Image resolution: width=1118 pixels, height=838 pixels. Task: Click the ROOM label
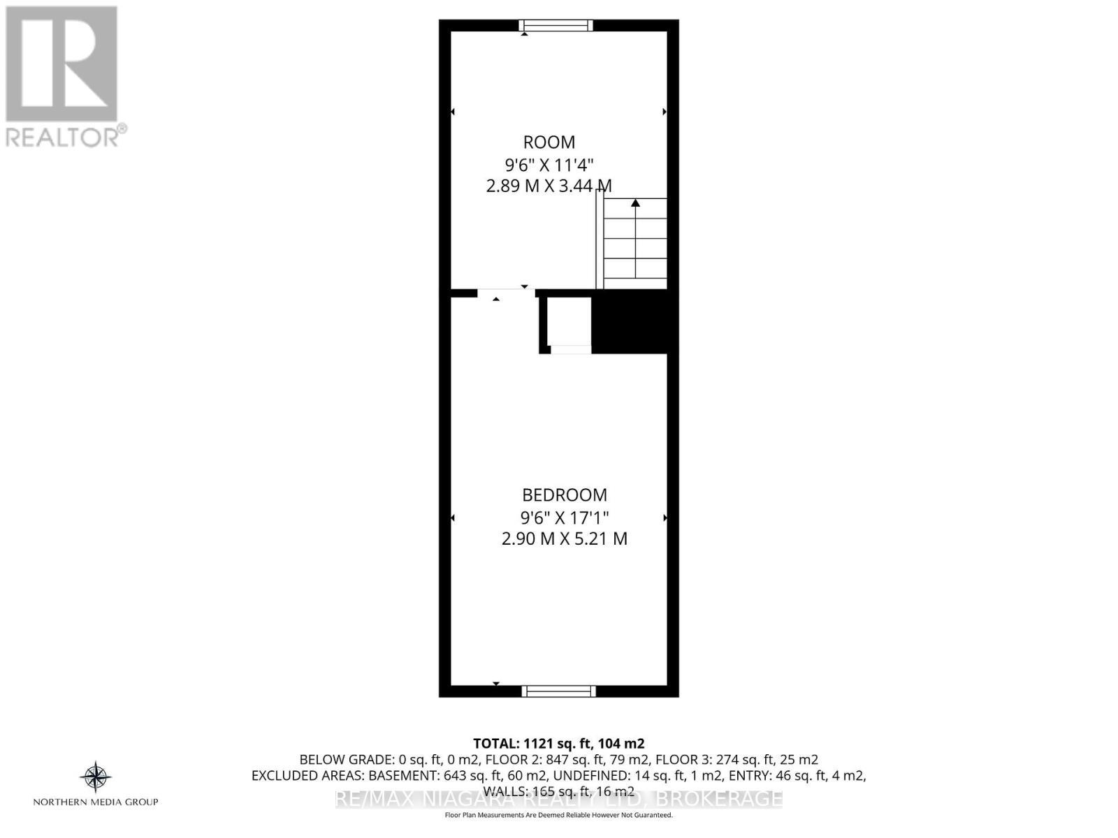(x=549, y=142)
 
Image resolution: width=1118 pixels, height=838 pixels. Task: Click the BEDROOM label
(x=565, y=495)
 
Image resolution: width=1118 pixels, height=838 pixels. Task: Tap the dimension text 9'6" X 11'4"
(x=549, y=165)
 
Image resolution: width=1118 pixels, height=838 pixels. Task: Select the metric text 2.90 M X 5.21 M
(x=565, y=539)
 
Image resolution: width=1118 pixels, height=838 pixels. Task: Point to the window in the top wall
(x=556, y=26)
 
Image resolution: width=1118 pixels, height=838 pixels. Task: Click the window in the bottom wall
(x=559, y=691)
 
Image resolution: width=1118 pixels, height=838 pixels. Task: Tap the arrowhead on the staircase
(x=635, y=203)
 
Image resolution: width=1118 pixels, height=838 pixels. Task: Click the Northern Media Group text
(x=96, y=802)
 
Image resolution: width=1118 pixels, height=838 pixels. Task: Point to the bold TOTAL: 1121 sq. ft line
(x=558, y=743)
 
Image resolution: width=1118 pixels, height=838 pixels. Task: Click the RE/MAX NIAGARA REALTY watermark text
(x=559, y=799)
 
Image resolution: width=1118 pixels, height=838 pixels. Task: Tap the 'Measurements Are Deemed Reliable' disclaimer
(x=559, y=815)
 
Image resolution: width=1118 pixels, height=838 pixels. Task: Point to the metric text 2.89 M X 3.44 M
(x=549, y=186)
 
